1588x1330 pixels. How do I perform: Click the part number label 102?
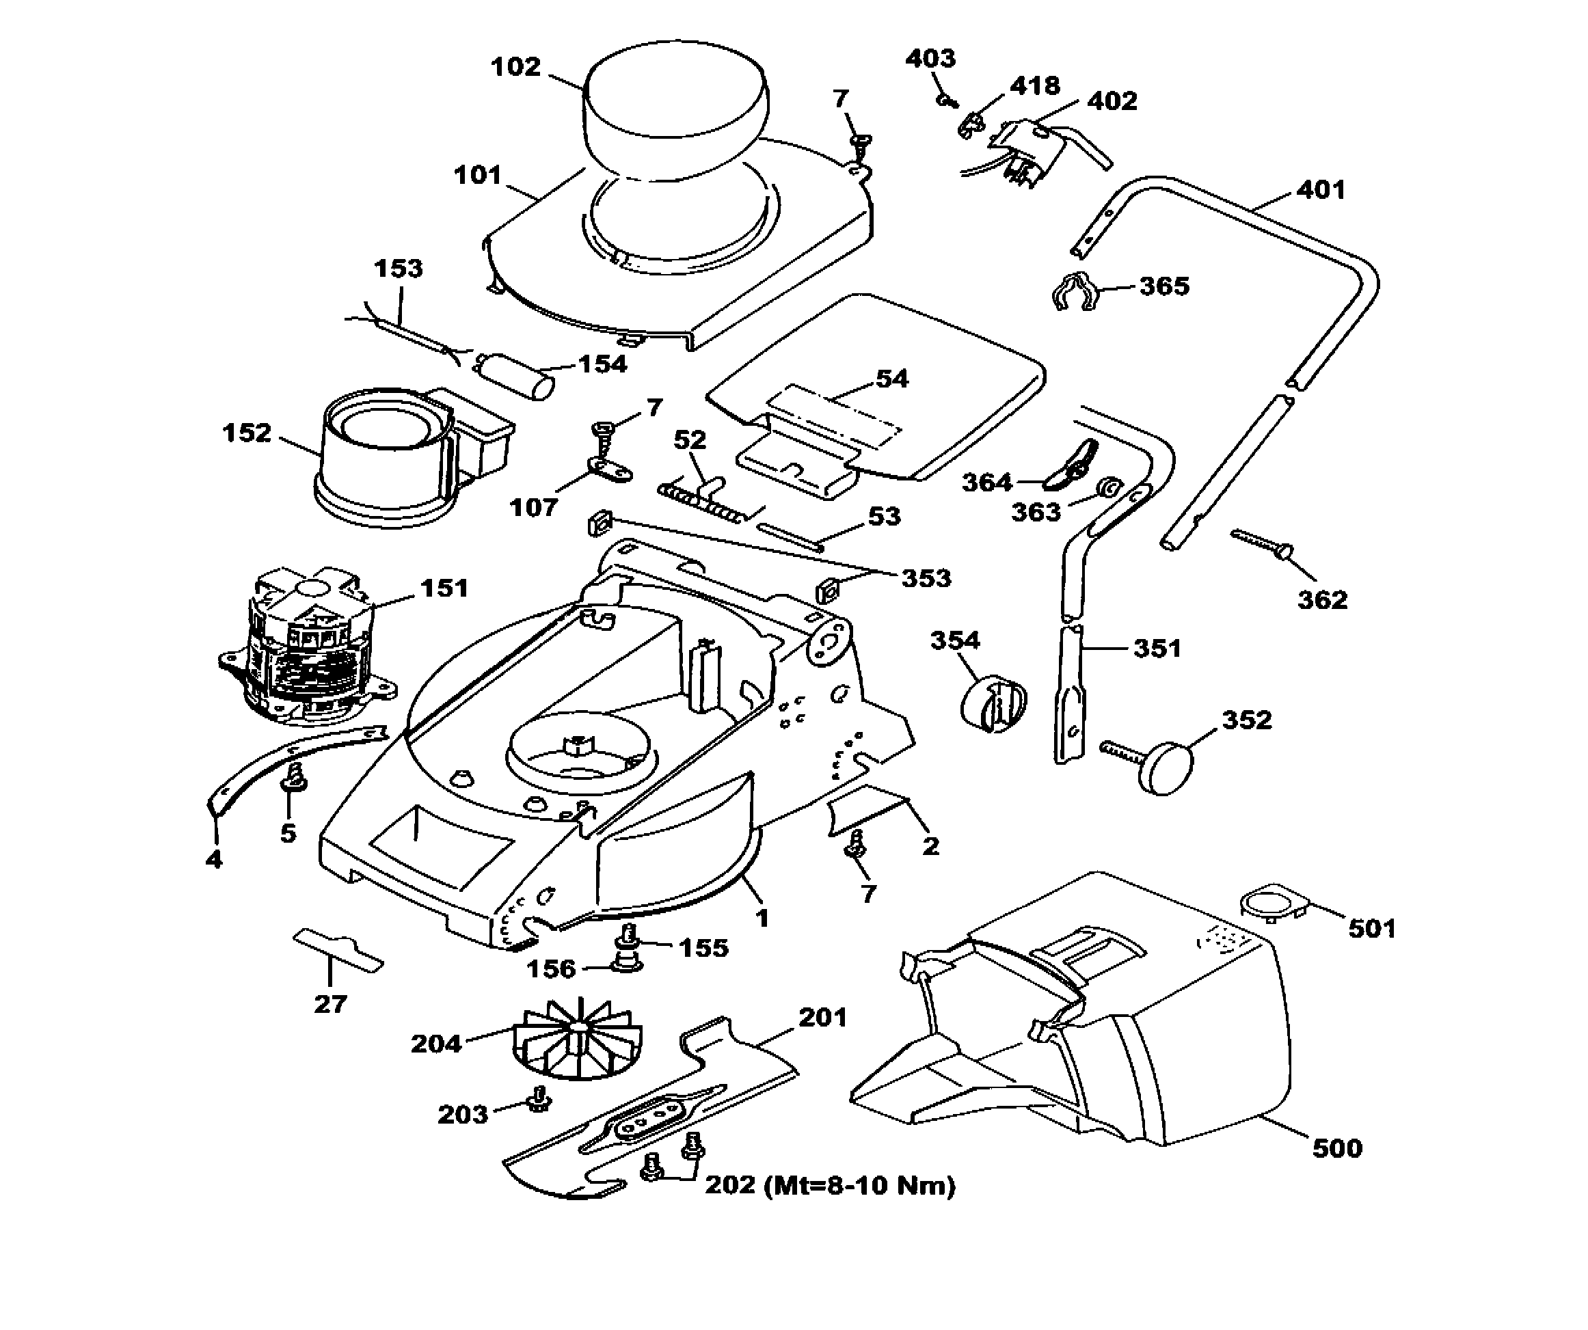pos(515,67)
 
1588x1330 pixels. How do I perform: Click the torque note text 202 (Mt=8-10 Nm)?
pos(829,1185)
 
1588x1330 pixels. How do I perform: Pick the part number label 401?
pos(1321,190)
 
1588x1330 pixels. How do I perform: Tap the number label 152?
pos(247,433)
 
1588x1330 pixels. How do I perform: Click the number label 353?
pos(926,578)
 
